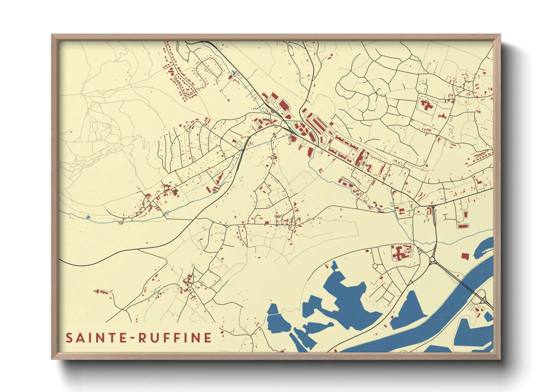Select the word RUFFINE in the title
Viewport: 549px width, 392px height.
click(x=175, y=338)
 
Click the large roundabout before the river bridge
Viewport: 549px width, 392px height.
click(x=433, y=259)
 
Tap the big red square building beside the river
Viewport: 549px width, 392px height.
click(x=465, y=256)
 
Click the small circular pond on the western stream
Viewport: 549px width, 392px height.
click(x=88, y=217)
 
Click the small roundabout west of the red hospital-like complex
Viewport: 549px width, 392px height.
click(x=375, y=266)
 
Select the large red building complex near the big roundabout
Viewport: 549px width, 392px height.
click(x=401, y=253)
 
